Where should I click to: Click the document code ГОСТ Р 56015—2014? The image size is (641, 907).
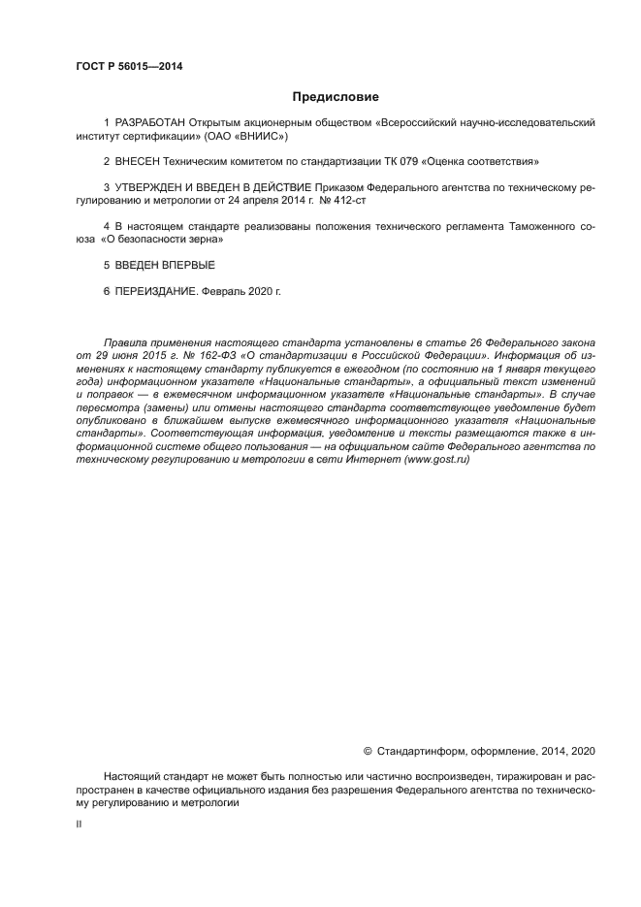click(x=129, y=66)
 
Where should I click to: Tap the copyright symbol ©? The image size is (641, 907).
click(x=368, y=751)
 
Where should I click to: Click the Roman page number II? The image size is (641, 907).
click(x=79, y=823)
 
